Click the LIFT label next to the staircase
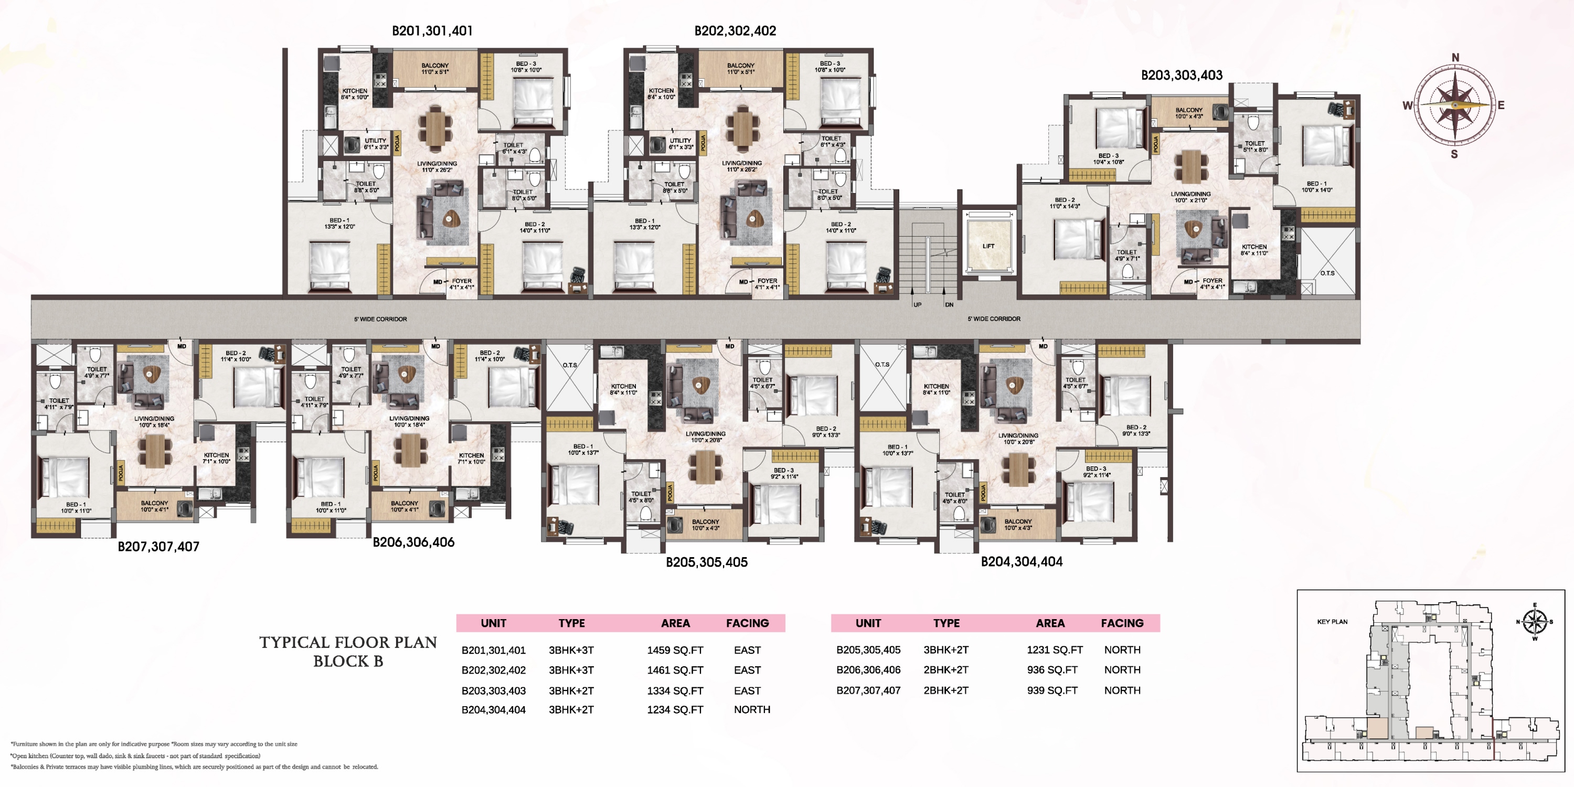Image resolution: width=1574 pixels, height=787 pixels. [988, 246]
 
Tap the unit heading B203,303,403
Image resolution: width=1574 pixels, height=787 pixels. [1181, 75]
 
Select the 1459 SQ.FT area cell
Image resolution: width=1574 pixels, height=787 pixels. [675, 650]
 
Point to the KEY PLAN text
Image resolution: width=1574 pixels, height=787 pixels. [1332, 621]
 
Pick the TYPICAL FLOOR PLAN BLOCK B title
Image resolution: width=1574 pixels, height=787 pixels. [348, 651]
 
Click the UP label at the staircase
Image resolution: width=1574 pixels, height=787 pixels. [917, 304]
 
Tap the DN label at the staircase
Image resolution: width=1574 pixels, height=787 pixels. [949, 304]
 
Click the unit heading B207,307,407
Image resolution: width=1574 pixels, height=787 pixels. [158, 547]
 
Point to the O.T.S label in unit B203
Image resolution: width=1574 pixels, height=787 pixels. [1327, 273]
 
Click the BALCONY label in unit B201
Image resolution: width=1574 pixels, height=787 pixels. [434, 68]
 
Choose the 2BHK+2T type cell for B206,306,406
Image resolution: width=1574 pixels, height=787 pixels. [945, 669]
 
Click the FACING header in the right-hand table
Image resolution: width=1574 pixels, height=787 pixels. [1122, 623]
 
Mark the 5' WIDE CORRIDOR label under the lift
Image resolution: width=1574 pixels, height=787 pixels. [994, 319]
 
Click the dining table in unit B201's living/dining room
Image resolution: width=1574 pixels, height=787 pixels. [435, 129]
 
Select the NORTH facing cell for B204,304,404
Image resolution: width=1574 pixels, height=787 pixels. [751, 709]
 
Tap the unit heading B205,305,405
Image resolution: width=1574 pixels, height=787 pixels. [706, 562]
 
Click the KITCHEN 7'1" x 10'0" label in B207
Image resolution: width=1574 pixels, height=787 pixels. [216, 458]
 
